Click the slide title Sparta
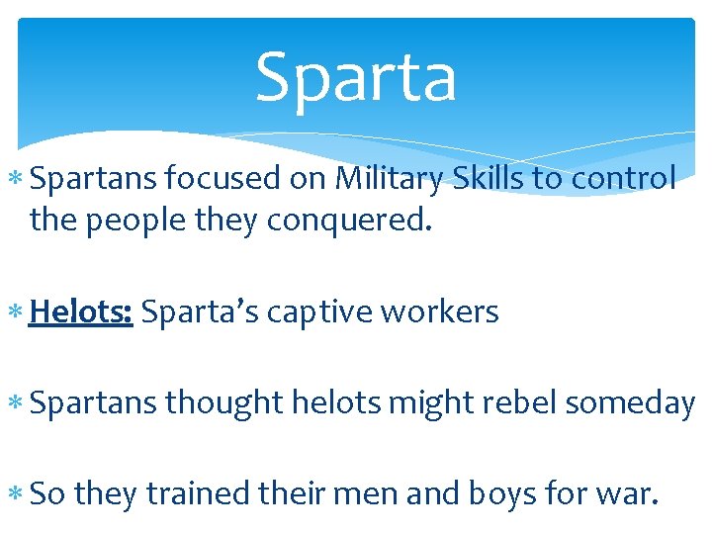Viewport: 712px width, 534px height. (356, 77)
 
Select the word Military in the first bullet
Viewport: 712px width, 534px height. (391, 179)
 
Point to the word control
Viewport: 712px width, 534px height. (620, 179)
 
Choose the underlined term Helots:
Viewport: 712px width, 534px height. (81, 311)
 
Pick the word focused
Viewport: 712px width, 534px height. (223, 179)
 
